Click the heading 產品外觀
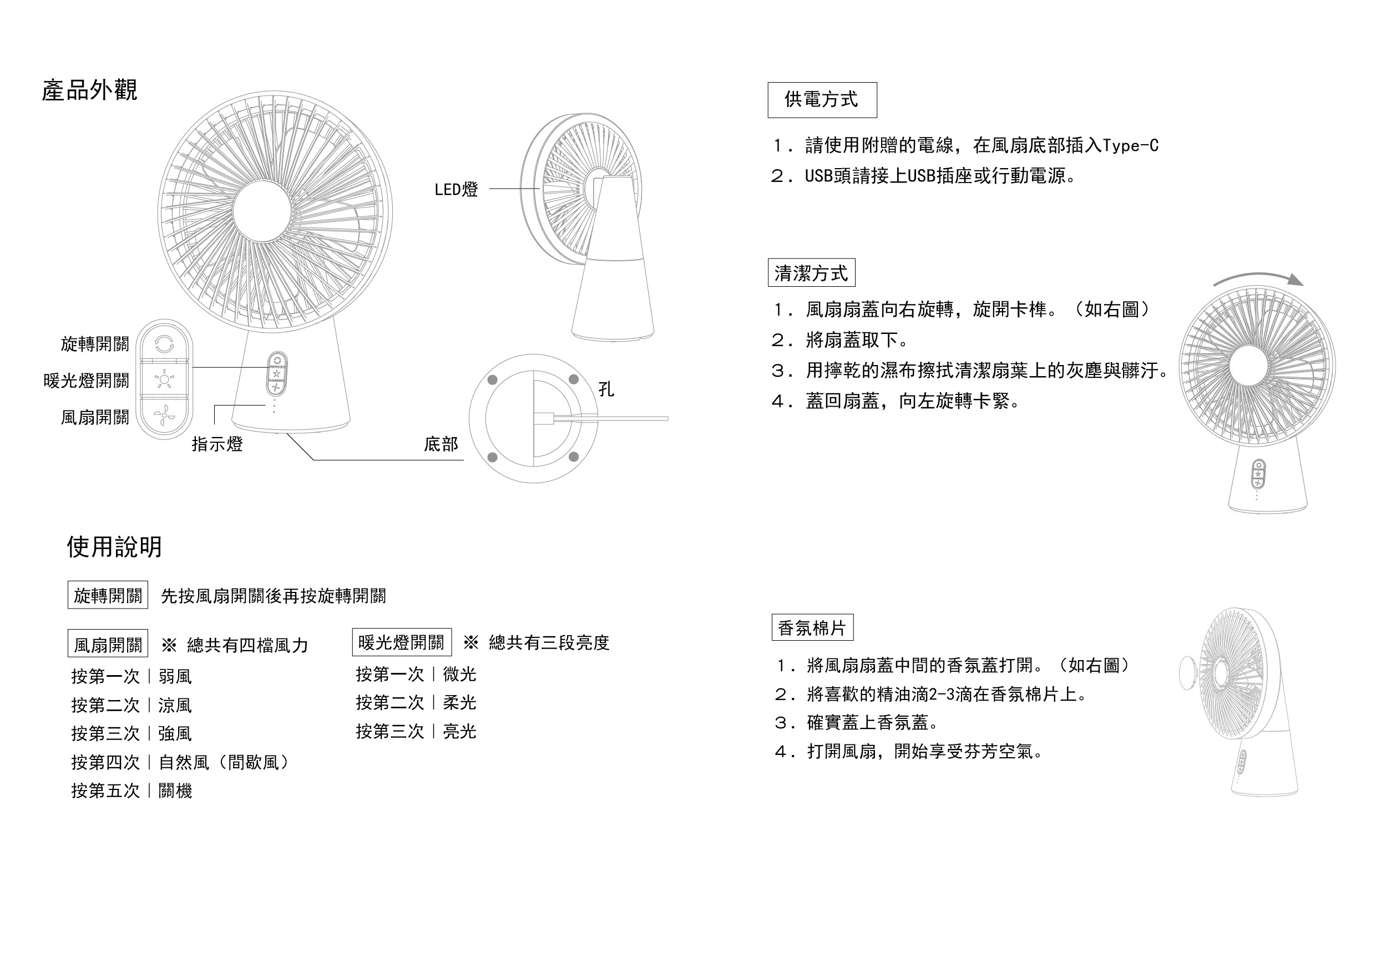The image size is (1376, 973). point(89,90)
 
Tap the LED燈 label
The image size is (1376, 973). point(456,190)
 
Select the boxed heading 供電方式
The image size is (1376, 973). point(822,99)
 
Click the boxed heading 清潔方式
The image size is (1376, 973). point(811,273)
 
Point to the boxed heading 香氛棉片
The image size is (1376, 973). point(812,628)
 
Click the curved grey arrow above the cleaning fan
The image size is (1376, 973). point(1258,279)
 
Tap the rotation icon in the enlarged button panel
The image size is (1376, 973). point(164,344)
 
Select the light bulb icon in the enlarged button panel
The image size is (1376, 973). point(164,380)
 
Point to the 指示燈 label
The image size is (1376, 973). point(217,444)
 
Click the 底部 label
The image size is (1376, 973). point(441,444)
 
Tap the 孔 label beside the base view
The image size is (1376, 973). point(606,389)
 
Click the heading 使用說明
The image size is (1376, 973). point(114,546)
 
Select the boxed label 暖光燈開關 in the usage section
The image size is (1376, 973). point(401,642)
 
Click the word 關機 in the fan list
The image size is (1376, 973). point(175,791)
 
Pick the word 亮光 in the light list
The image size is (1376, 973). point(459,732)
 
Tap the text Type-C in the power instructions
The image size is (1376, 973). point(1130,145)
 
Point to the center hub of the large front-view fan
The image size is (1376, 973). point(262,211)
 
